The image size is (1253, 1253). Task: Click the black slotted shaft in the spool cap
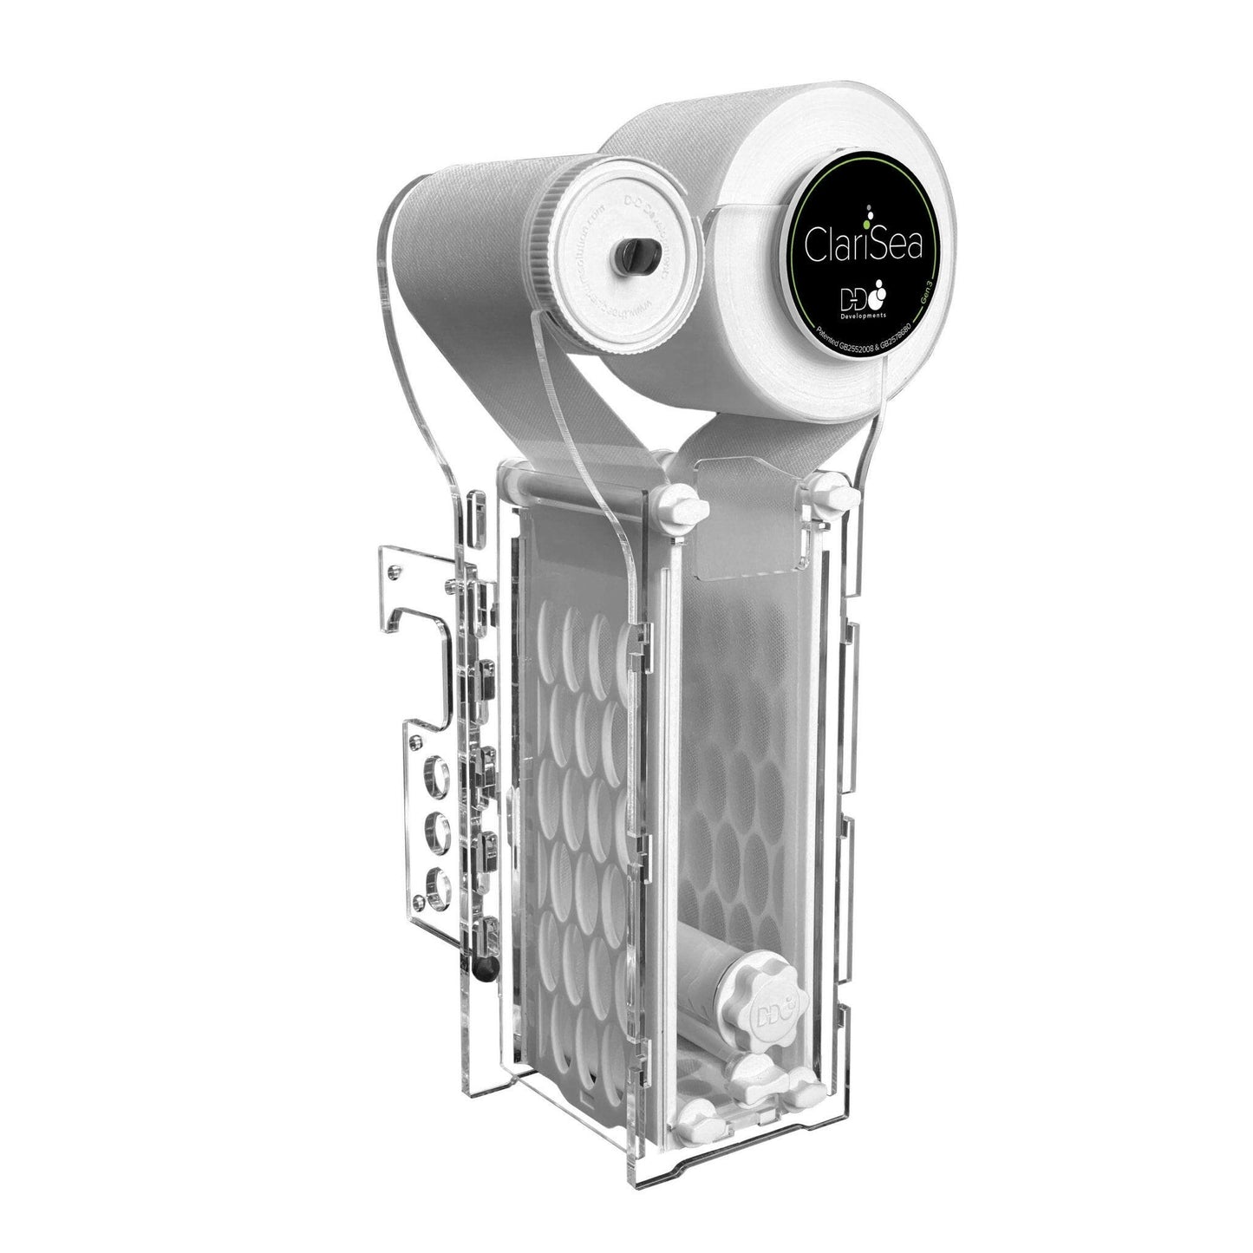pyautogui.click(x=631, y=256)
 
